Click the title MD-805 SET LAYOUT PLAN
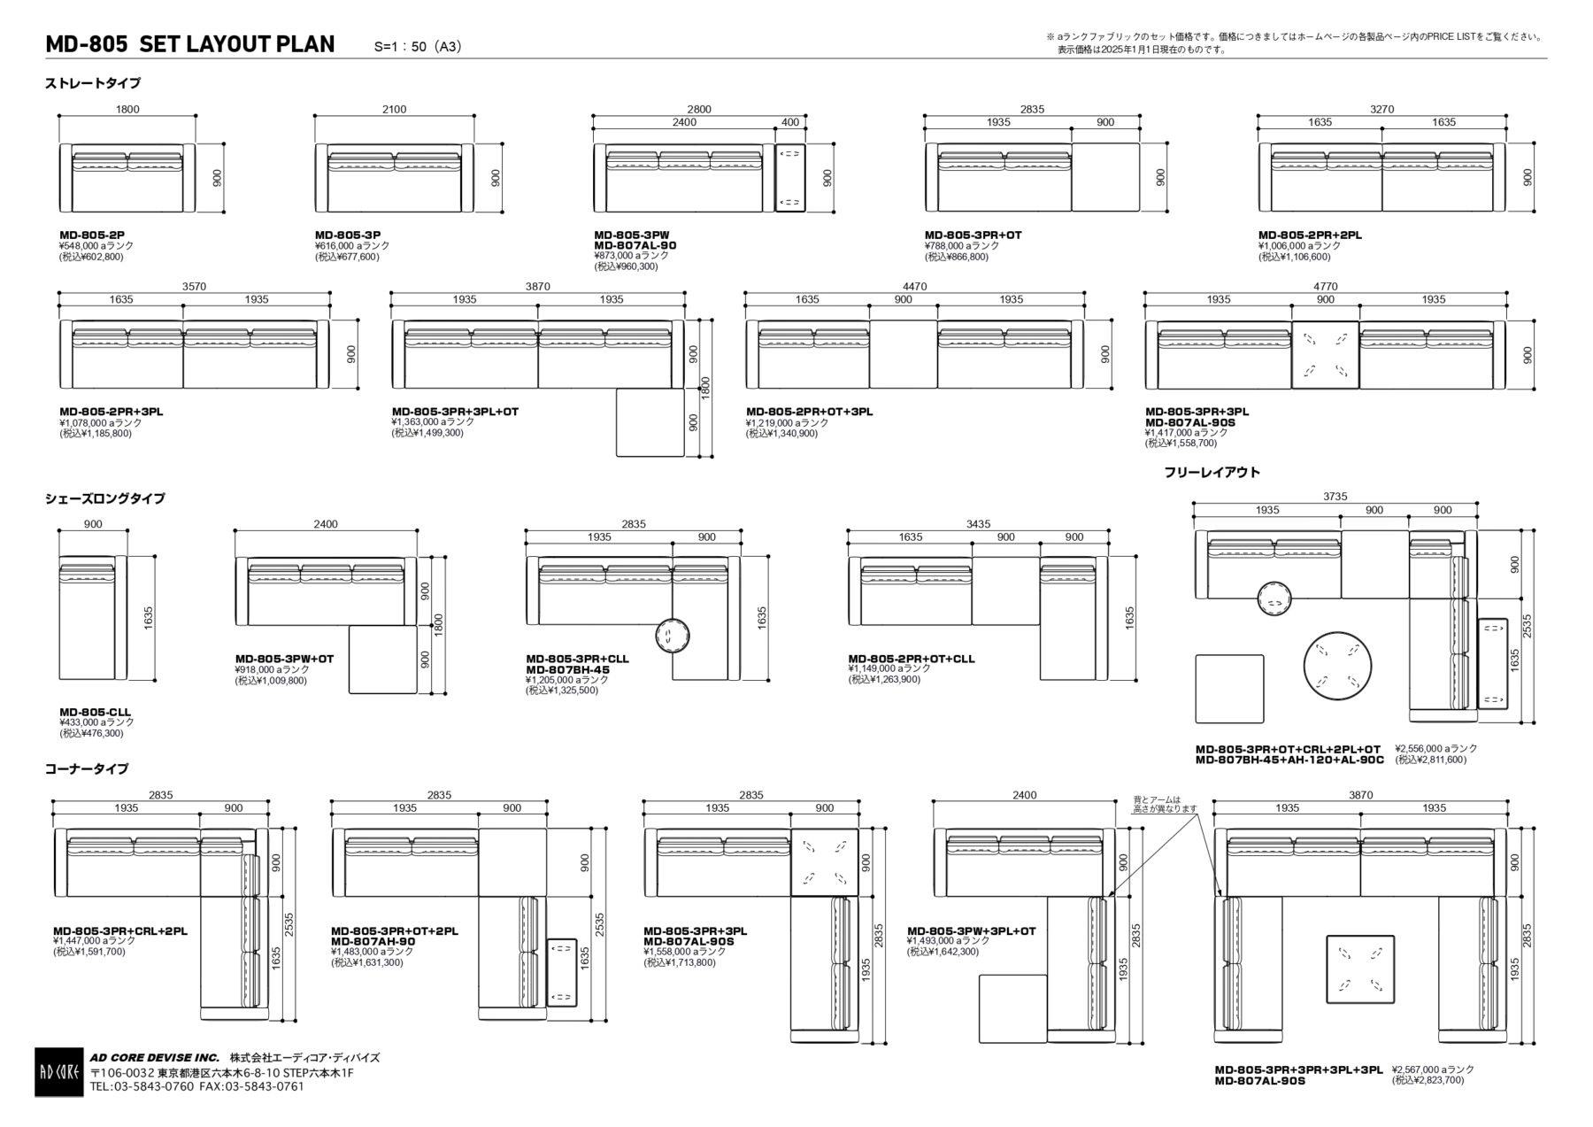[190, 44]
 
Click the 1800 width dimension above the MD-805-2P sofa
[127, 109]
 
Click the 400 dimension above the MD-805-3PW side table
[789, 122]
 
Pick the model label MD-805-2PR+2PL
[1310, 235]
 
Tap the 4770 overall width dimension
[1325, 286]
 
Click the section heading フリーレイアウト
[1212, 472]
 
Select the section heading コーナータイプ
[87, 768]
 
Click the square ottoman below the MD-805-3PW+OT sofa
[383, 660]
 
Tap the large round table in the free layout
[1336, 665]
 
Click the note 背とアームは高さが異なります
[1164, 804]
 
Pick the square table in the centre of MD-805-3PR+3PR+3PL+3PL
[1359, 969]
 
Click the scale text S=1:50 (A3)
[418, 47]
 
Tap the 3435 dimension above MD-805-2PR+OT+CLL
[978, 524]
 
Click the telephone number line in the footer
[196, 1086]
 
